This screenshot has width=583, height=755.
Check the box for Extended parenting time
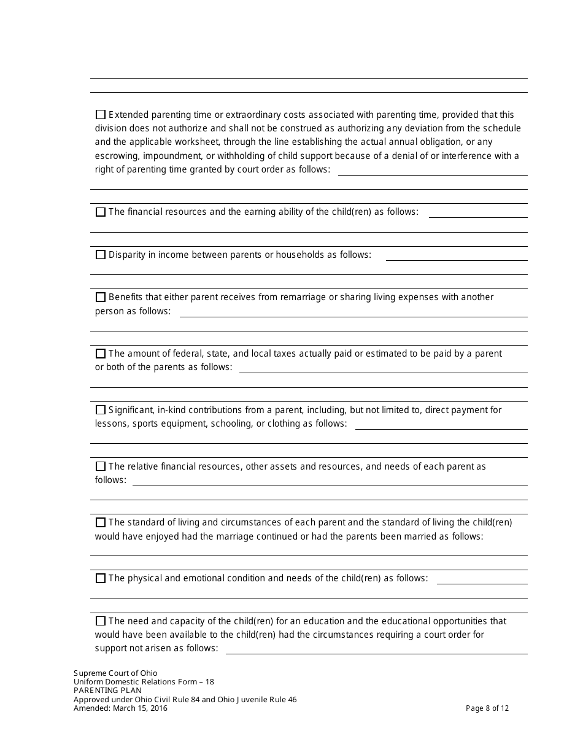coord(101,115)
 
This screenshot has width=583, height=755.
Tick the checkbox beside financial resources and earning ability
coord(101,212)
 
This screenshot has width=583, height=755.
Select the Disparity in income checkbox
coord(101,255)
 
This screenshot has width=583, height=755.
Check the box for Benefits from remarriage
coord(101,297)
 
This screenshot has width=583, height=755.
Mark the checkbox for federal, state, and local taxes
coord(101,354)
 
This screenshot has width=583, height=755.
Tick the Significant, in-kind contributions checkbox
coord(101,410)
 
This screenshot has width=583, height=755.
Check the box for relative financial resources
coord(101,467)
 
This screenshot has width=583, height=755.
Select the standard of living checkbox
coord(101,522)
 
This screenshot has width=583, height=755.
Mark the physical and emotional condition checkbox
coord(101,578)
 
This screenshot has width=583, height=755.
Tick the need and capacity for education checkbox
coord(101,621)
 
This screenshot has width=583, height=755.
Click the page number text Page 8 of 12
coord(487,708)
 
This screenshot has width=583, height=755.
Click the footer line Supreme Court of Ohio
coord(115,673)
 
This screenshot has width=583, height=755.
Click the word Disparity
coord(128,255)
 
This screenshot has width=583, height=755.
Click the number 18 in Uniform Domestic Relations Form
coord(209,682)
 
